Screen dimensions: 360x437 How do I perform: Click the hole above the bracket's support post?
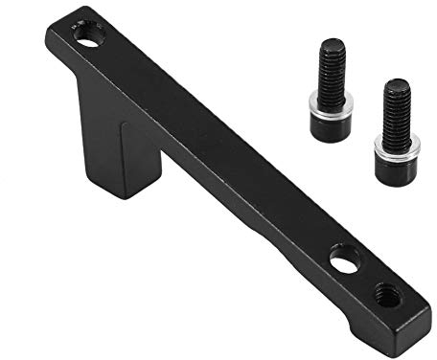click(x=88, y=39)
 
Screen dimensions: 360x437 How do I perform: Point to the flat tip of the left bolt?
click(x=332, y=43)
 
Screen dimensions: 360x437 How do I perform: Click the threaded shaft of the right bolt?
click(x=397, y=109)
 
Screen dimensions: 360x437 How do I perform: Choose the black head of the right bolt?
click(x=394, y=167)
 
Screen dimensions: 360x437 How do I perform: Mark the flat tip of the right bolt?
click(x=397, y=83)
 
